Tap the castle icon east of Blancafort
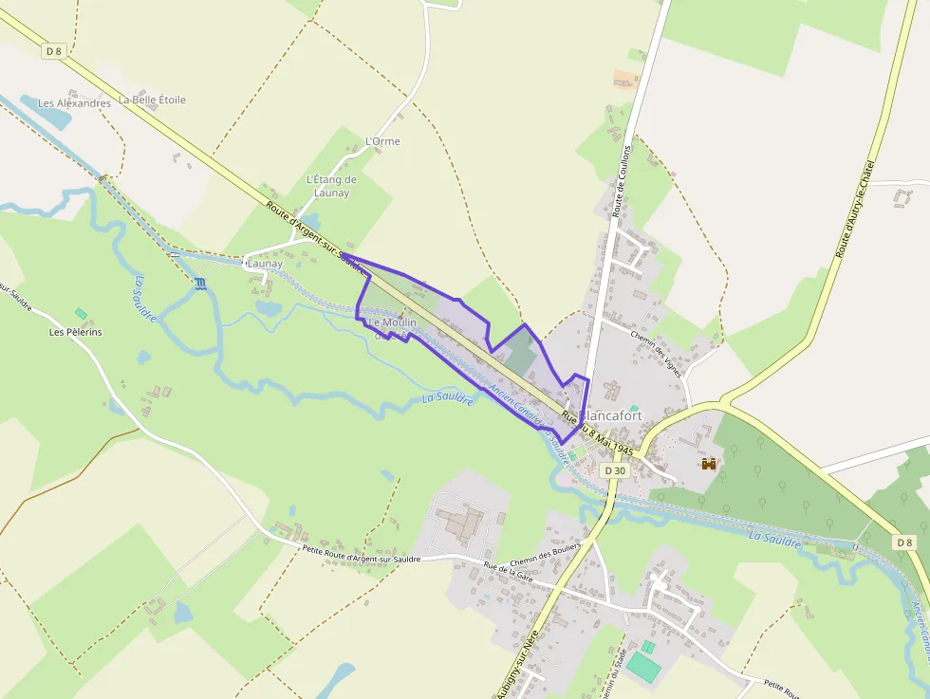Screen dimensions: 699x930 pos(708,463)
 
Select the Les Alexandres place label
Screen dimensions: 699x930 pos(74,103)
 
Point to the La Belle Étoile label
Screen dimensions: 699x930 pos(152,100)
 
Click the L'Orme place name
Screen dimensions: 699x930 pos(382,141)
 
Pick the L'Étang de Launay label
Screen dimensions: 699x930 pos(331,186)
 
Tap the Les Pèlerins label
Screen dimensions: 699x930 pos(76,333)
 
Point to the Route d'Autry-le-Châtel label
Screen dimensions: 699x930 pos(854,211)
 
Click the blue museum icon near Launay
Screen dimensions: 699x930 pos(200,284)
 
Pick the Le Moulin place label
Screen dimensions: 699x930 pos(391,327)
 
